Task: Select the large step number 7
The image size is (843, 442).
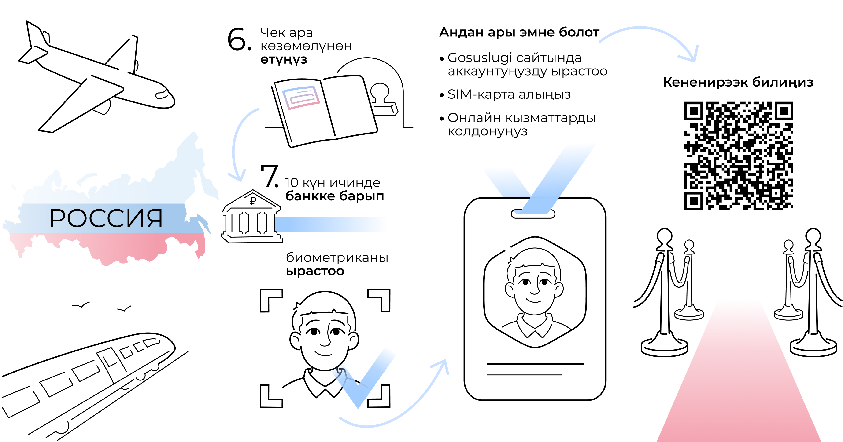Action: [x=269, y=177]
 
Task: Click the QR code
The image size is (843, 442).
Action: [x=739, y=156]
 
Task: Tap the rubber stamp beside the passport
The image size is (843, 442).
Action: [x=383, y=100]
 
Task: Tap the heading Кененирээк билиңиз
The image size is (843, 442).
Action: [x=738, y=82]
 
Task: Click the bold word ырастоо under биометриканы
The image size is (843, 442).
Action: [x=315, y=271]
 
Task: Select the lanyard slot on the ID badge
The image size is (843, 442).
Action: [x=533, y=214]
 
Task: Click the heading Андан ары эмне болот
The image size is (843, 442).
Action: [x=519, y=32]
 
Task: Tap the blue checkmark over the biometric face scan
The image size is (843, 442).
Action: [x=363, y=383]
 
